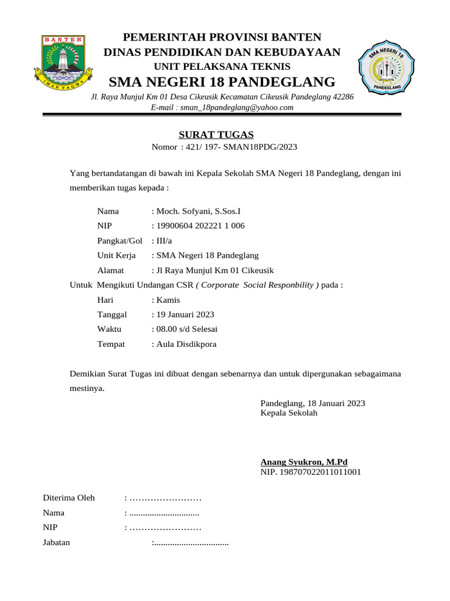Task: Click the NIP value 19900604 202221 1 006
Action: click(200, 225)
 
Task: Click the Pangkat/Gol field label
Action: click(120, 241)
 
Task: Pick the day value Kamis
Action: click(168, 299)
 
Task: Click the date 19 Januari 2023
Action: click(185, 314)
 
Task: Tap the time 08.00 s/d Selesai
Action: click(186, 329)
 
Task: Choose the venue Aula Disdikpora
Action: click(186, 344)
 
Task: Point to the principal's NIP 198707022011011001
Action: click(311, 471)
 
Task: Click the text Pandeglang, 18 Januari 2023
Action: click(312, 403)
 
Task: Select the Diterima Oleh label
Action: click(69, 498)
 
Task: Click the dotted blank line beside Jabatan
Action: click(190, 542)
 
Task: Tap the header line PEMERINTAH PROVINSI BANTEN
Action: click(221, 37)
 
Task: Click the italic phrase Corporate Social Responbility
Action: click(257, 285)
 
